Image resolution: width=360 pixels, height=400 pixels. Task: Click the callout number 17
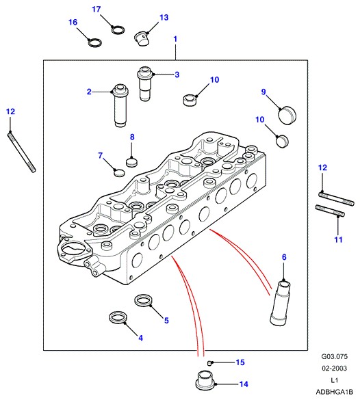(97, 10)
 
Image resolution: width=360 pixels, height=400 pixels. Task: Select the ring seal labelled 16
(94, 42)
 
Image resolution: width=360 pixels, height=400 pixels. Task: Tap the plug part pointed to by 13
(141, 38)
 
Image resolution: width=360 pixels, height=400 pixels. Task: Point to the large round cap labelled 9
(287, 115)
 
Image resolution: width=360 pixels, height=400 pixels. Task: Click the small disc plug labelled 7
(119, 173)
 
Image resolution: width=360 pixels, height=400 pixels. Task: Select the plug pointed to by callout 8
(131, 162)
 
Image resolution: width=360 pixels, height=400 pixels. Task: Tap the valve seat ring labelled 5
(143, 301)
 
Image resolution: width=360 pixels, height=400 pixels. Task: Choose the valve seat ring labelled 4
(118, 317)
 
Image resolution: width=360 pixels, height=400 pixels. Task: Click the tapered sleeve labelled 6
(281, 303)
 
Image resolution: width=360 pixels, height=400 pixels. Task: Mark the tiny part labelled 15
(209, 363)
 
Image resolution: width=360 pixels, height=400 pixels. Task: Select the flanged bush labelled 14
(206, 381)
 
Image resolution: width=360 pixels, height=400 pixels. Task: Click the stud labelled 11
(330, 211)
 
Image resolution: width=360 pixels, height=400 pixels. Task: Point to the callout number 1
(175, 39)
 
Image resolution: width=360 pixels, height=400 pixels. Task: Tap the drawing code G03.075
(334, 357)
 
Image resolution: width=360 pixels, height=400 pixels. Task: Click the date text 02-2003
(334, 369)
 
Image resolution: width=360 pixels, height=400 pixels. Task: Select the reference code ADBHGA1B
(334, 392)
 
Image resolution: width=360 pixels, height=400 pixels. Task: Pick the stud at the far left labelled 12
(22, 152)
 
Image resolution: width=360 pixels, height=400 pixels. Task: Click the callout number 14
(244, 384)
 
